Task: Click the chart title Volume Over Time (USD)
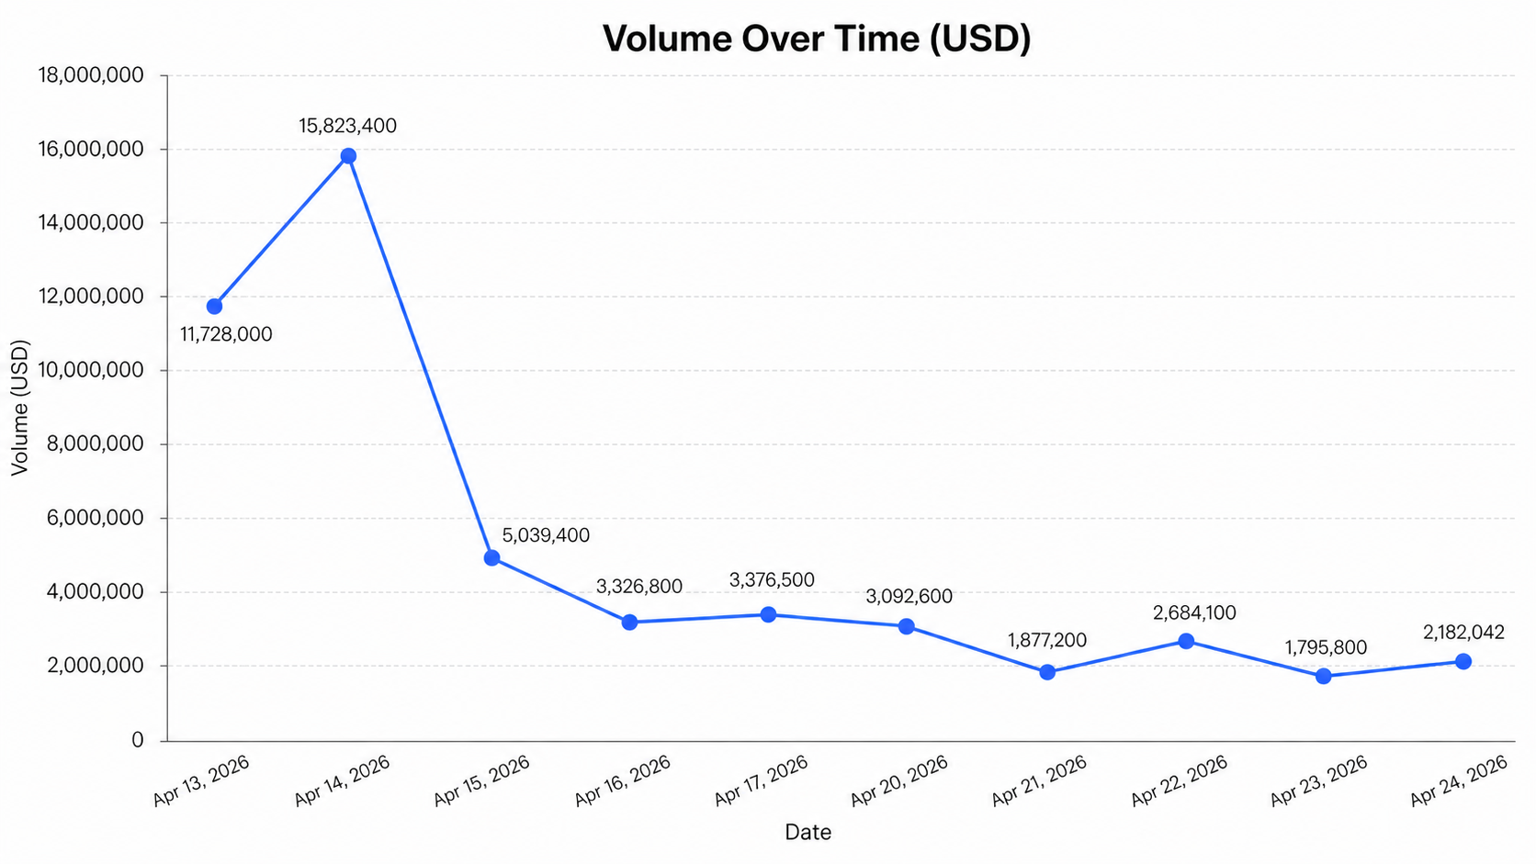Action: pos(817,39)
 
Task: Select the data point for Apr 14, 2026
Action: pos(348,156)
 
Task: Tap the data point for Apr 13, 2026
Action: pos(215,306)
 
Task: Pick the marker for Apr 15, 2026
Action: pos(491,558)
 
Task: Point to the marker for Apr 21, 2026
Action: pos(1047,672)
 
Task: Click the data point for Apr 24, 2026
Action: pos(1463,661)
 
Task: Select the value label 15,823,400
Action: pos(348,126)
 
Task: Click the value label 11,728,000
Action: pos(227,334)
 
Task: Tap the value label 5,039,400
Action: pos(546,535)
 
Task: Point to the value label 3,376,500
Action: pos(772,580)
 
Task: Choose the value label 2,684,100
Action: pos(1193,612)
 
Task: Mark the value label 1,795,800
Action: pos(1326,647)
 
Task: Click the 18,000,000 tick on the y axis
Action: pos(91,75)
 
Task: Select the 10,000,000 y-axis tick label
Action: pos(91,370)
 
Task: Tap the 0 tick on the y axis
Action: pos(138,739)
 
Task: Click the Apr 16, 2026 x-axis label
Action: pos(623,780)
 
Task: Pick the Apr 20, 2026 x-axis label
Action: pos(899,780)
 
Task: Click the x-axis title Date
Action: pos(808,832)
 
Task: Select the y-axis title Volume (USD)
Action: pos(20,408)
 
